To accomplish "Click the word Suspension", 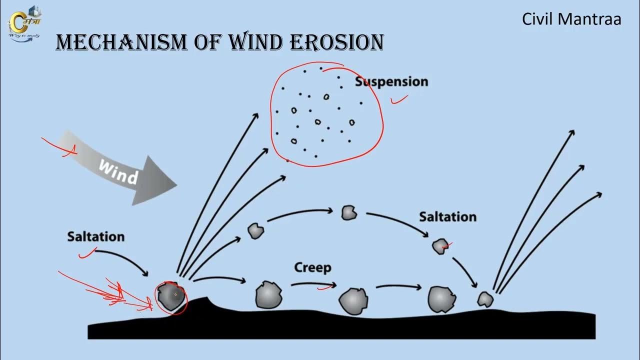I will tap(391, 81).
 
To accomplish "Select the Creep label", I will tap(312, 267).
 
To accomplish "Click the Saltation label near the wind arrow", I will tap(95, 236).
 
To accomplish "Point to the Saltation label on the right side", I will tap(447, 216).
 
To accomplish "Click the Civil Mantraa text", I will tap(571, 19).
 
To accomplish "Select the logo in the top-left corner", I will tap(25, 23).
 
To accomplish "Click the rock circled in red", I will tap(171, 296).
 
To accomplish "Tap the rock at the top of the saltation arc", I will tap(349, 212).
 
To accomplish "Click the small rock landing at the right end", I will tap(484, 299).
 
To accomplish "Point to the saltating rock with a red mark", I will tap(440, 246).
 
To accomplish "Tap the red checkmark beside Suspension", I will tap(398, 100).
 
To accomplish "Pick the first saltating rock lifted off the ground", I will tap(255, 230).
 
